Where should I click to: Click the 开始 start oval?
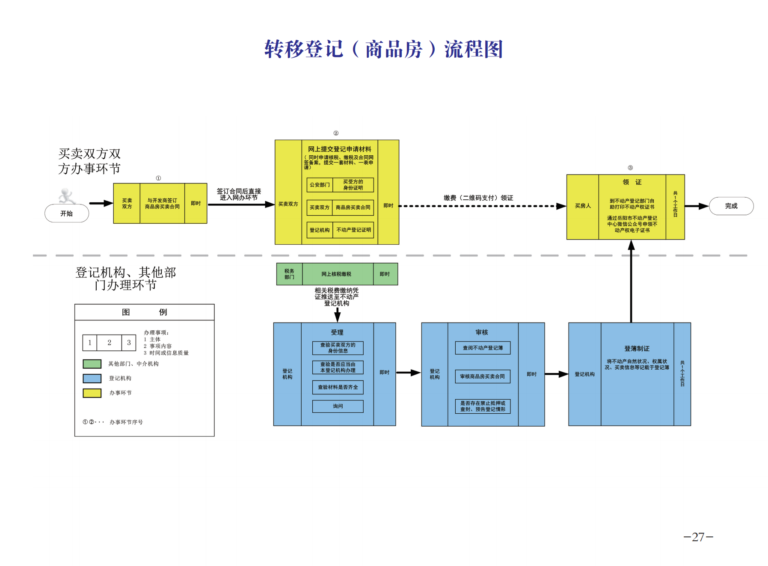67,213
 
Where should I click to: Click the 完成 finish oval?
731,206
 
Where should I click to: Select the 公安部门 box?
320,185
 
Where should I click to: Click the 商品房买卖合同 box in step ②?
353,207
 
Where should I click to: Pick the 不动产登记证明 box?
353,230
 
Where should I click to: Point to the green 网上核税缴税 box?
337,274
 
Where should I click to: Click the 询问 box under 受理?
338,406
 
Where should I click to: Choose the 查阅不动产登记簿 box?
483,348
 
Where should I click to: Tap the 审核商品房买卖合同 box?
483,376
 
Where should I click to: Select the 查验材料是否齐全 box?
338,387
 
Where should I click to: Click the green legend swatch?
92,364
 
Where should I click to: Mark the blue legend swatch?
92,378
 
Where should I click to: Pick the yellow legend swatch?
92,393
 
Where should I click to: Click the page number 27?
698,537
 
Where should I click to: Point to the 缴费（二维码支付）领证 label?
478,198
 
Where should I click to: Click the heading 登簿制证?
637,349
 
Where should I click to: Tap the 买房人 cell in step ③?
583,206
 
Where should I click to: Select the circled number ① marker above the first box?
158,178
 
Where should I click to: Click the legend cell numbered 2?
109,343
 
